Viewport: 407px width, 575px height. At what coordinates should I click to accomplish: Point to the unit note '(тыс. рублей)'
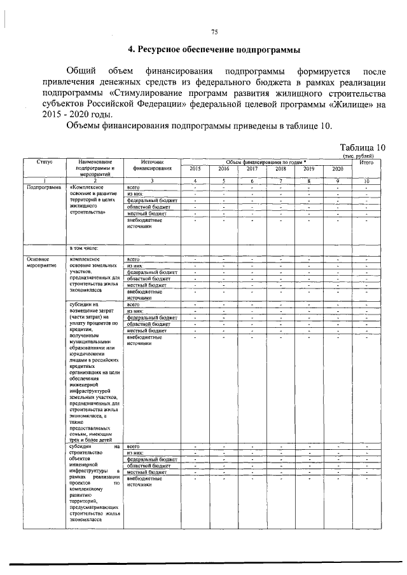[359, 156]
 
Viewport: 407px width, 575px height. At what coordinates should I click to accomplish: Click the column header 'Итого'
[366, 163]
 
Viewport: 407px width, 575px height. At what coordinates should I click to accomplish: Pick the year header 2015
[195, 169]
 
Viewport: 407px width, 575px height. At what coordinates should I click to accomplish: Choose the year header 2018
[280, 169]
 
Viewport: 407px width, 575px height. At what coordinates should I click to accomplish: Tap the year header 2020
[338, 169]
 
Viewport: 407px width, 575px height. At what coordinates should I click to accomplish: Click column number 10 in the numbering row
[366, 181]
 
